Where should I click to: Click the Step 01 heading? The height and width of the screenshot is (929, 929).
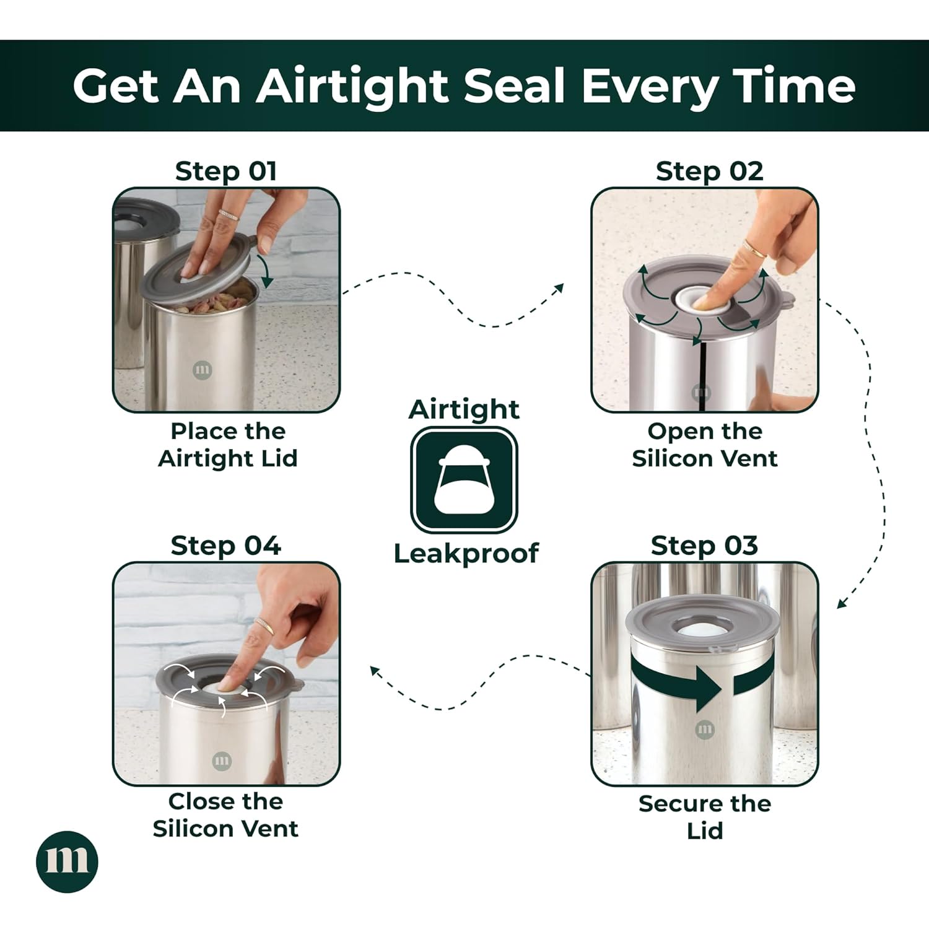[x=225, y=171]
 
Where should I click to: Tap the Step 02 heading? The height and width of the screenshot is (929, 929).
[x=710, y=171]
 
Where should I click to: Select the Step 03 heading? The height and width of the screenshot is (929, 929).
[x=704, y=546]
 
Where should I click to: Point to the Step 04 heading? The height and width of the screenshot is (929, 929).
[x=225, y=546]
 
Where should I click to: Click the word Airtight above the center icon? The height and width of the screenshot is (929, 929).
[x=464, y=410]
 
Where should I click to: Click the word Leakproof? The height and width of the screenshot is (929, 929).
[x=466, y=553]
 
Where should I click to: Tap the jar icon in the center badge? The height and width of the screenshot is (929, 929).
[x=464, y=481]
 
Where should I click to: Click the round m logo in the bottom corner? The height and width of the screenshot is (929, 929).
[x=67, y=861]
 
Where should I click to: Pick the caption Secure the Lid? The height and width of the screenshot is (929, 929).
[x=705, y=817]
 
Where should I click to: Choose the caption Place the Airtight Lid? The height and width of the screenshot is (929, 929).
[x=228, y=445]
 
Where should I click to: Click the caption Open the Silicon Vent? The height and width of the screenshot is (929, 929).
[x=705, y=445]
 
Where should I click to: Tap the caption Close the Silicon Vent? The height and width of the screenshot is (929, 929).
[x=225, y=815]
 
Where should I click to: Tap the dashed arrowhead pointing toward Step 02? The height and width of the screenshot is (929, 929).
[x=559, y=289]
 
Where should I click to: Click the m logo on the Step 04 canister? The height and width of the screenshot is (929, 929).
[x=222, y=761]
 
